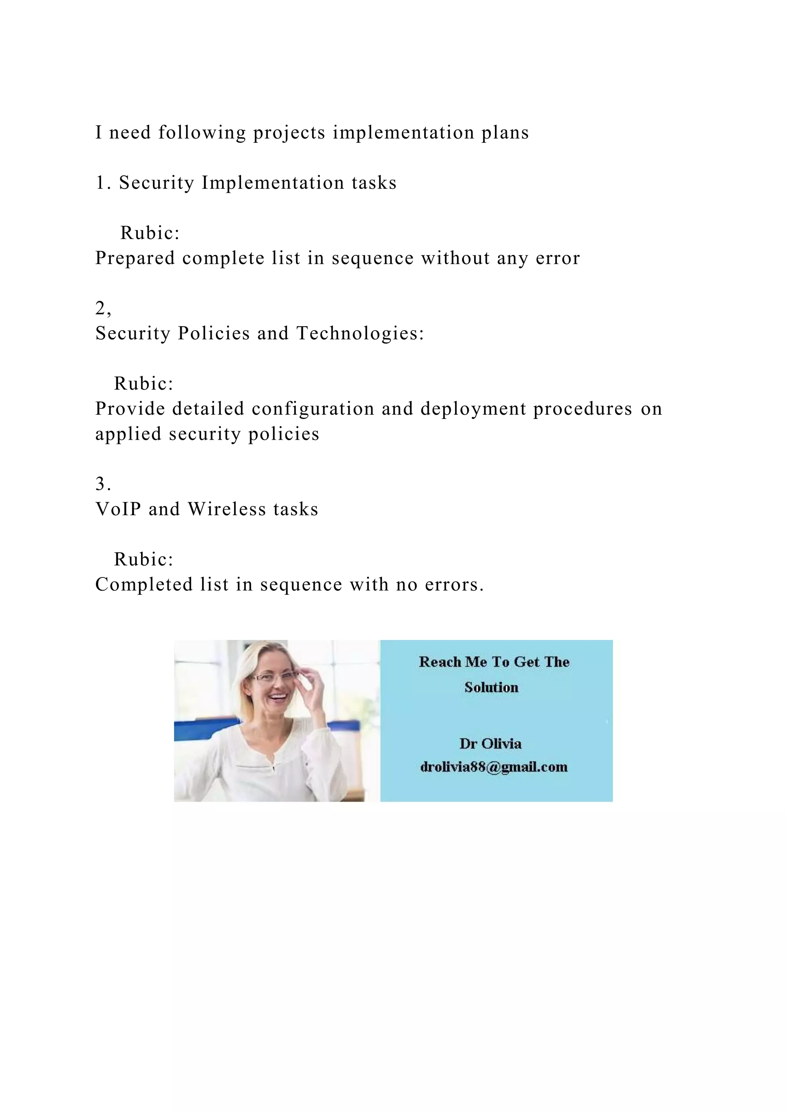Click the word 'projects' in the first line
tap(289, 133)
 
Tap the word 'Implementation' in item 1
tap(272, 183)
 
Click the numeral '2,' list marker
tap(103, 308)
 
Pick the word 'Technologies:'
tap(360, 333)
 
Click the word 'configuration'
tap(312, 409)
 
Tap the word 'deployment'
tap(473, 409)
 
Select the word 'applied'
tap(128, 434)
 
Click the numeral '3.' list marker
tap(103, 484)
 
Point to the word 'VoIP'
tap(118, 509)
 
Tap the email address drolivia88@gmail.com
tap(494, 767)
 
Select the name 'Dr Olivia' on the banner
tap(490, 743)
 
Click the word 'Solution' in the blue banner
tap(491, 687)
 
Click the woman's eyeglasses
tap(274, 676)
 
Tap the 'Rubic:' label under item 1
tap(150, 233)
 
